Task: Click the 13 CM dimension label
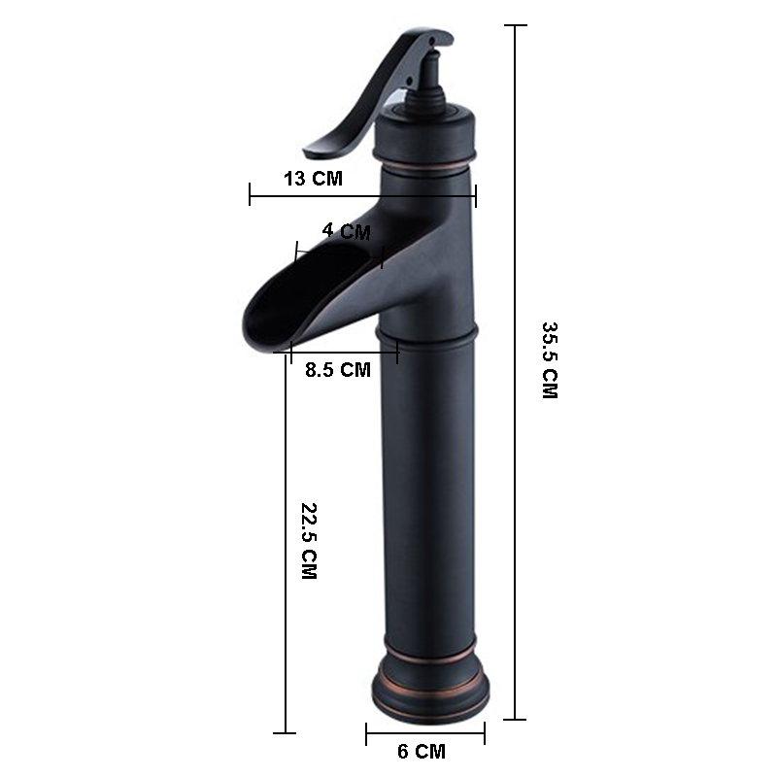pos(312,178)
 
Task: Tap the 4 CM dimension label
pos(346,231)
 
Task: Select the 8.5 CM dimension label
pos(337,369)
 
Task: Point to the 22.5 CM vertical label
pos(309,541)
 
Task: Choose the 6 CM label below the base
pos(422,751)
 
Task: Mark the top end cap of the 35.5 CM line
pos(515,25)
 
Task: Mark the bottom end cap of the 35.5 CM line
pos(515,720)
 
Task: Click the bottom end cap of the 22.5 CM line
pos(284,732)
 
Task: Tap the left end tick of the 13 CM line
pos(251,195)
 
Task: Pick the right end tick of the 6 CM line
pos(485,734)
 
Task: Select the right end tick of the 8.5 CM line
pos(397,352)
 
